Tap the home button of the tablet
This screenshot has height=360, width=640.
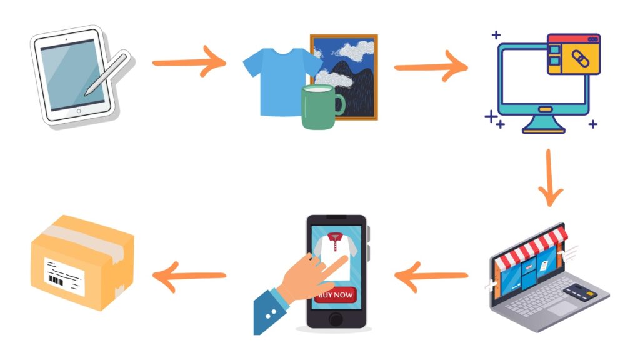pyautogui.click(x=79, y=111)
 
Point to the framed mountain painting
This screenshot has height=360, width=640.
pyautogui.click(x=344, y=77)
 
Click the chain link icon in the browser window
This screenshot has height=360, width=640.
pyautogui.click(x=581, y=59)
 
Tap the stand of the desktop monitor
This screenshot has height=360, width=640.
pyautogui.click(x=543, y=124)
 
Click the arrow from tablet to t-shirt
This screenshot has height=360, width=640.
pyautogui.click(x=189, y=62)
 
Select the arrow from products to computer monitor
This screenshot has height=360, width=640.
pyautogui.click(x=431, y=66)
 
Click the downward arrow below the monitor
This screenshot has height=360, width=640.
pyautogui.click(x=550, y=177)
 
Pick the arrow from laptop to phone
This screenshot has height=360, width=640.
pyautogui.click(x=431, y=277)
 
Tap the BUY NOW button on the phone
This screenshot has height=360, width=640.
pyautogui.click(x=336, y=295)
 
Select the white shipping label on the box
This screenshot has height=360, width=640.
pyautogui.click(x=64, y=276)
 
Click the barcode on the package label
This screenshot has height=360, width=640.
pyautogui.click(x=56, y=281)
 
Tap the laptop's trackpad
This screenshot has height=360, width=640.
pyautogui.click(x=563, y=309)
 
